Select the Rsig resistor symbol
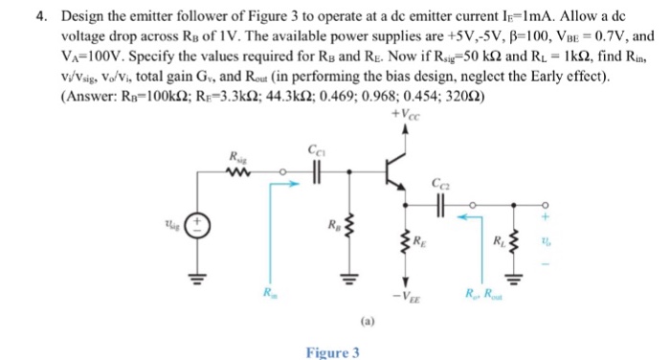pos(239,173)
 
